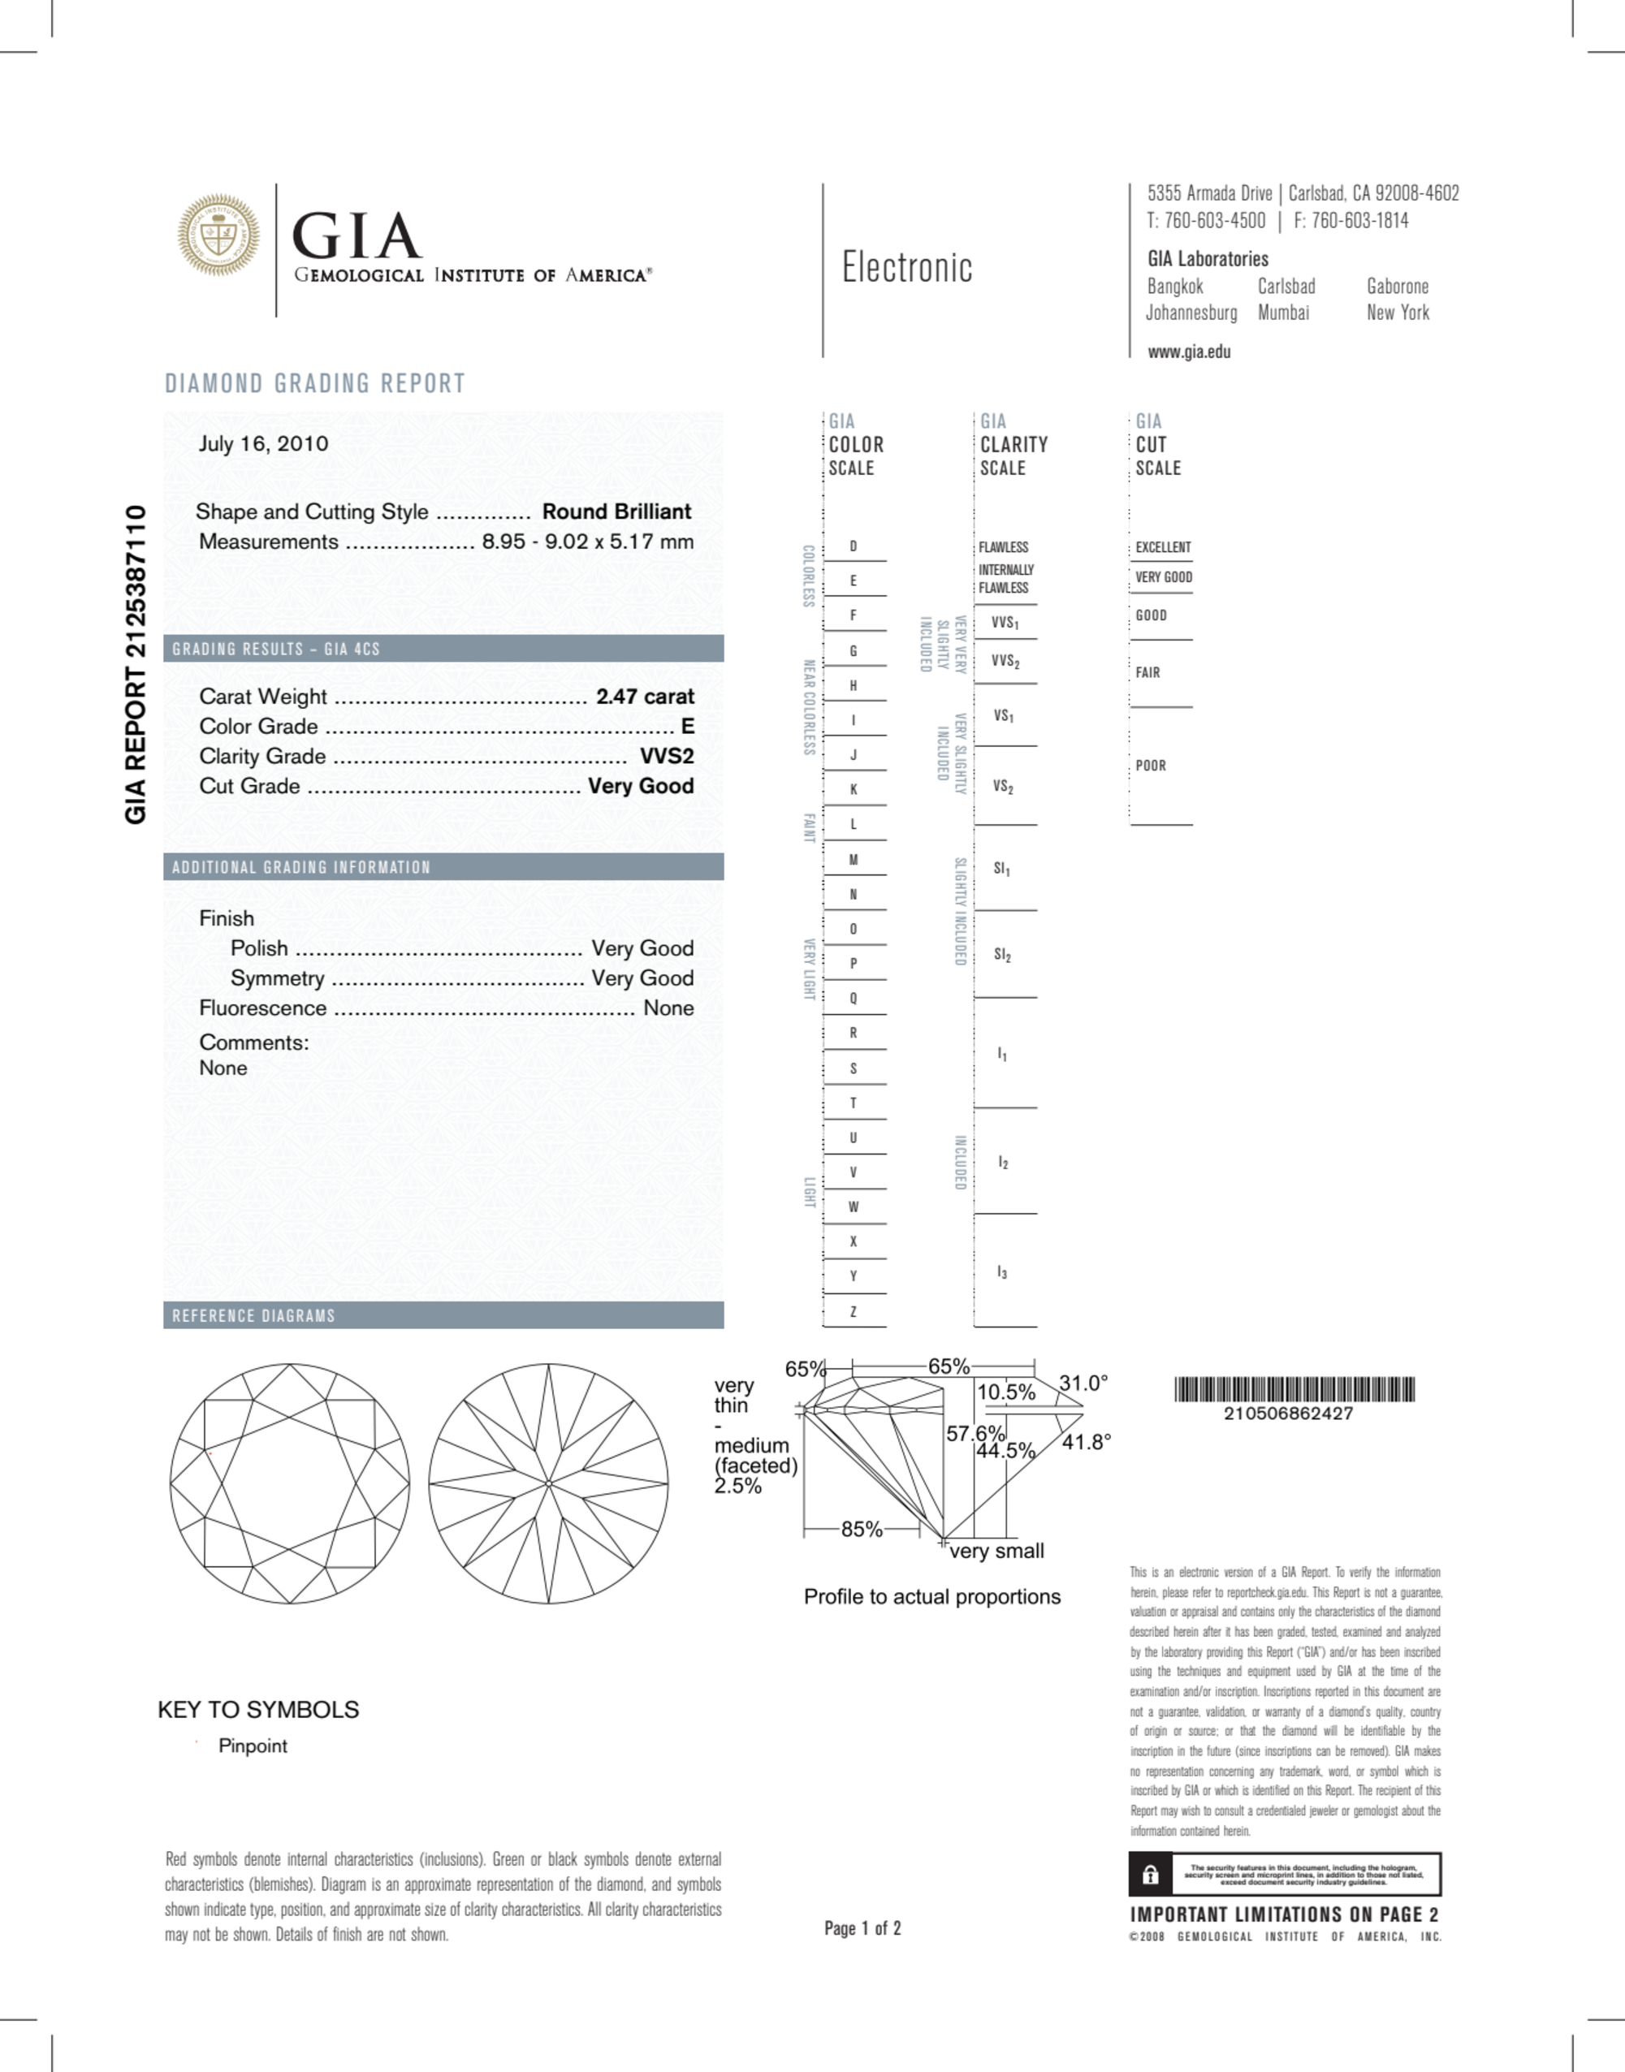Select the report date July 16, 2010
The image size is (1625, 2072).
pos(264,443)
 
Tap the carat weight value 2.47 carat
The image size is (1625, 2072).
pos(645,697)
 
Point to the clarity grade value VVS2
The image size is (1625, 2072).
pos(667,757)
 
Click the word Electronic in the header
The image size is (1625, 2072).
pos(906,268)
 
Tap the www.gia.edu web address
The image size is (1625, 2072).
pos(1189,352)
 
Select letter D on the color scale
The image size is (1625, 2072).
pos(854,546)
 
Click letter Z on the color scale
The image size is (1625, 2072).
pos(854,1311)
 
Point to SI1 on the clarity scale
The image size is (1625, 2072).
pos(1002,869)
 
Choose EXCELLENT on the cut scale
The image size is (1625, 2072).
pos(1163,547)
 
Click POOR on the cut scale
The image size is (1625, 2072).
pos(1150,765)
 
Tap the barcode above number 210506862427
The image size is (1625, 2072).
pos(1294,1390)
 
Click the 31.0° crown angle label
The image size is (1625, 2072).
pos(1083,1383)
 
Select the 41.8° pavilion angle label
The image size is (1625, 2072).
pos(1087,1442)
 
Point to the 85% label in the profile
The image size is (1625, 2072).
pos(861,1529)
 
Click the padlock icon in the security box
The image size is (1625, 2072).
pos(1150,1874)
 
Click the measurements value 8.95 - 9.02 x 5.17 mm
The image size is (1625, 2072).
pos(587,542)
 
